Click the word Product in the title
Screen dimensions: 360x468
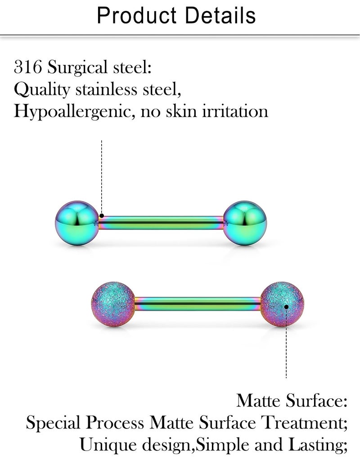(x=137, y=16)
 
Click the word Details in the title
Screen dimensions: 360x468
(x=220, y=16)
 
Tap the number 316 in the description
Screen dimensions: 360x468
(x=28, y=67)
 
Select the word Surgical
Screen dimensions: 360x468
(x=77, y=67)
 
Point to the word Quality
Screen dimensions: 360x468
(x=42, y=89)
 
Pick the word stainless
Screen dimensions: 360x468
(x=106, y=89)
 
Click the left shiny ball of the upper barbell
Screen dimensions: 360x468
(x=77, y=223)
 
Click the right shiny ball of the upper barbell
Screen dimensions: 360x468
(x=245, y=223)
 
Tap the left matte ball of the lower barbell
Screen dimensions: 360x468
(x=113, y=304)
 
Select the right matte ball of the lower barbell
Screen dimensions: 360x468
(x=282, y=304)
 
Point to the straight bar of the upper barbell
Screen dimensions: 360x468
(x=161, y=223)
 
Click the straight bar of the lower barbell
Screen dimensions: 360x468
(x=198, y=304)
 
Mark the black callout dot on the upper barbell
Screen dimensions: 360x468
(x=102, y=216)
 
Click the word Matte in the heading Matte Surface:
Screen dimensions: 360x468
(x=259, y=401)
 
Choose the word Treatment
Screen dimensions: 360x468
(x=304, y=423)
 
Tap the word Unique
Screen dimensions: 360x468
(x=108, y=446)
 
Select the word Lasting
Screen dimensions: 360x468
(x=318, y=446)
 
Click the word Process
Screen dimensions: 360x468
(x=115, y=423)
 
